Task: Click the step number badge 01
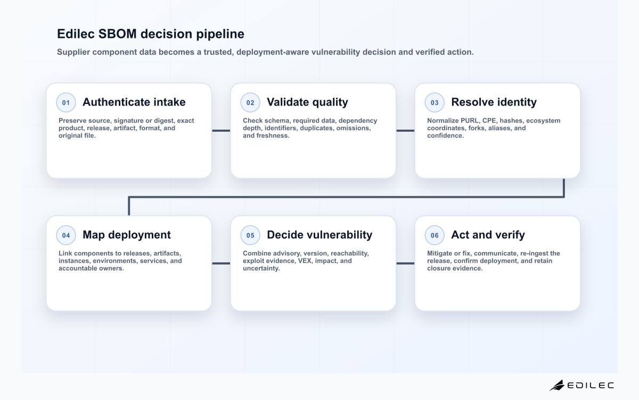click(66, 102)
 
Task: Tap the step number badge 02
click(250, 102)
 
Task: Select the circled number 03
click(435, 102)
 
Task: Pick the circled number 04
click(66, 235)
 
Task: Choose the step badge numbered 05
click(250, 235)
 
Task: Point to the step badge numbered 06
click(435, 235)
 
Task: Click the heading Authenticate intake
click(134, 102)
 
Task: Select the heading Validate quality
click(308, 102)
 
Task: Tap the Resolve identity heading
click(494, 102)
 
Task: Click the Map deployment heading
click(127, 235)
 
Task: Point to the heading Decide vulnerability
click(319, 235)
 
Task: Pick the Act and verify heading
click(488, 235)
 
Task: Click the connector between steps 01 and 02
click(221, 131)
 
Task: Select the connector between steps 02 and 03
click(405, 131)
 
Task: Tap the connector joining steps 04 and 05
click(221, 263)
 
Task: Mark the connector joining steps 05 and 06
click(405, 263)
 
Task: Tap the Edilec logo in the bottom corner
click(581, 386)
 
